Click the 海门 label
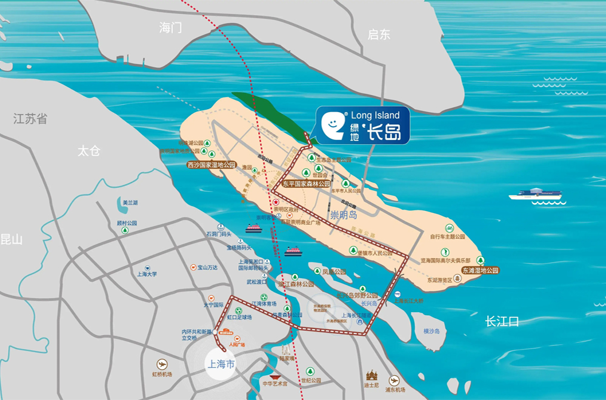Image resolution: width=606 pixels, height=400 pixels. pos(170,28)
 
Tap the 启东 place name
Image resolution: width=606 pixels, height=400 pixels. pos(379,35)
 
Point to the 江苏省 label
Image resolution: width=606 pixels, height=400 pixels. pos(30,119)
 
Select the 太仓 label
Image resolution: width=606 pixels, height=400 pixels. pos(88,151)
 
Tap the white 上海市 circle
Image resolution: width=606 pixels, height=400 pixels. pos(221,364)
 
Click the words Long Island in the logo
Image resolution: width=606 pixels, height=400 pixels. pos(375,115)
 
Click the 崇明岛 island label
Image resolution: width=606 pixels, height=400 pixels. pos(344,215)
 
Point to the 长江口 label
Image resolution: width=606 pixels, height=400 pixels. pos(502,322)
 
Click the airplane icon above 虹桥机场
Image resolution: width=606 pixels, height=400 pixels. pos(161,364)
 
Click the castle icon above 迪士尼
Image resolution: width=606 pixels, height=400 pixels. pos(371,375)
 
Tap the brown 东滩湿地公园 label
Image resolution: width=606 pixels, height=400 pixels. pos(479,270)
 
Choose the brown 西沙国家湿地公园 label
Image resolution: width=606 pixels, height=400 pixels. pos(211,165)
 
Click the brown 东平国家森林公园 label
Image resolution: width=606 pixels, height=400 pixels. pos(307,183)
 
